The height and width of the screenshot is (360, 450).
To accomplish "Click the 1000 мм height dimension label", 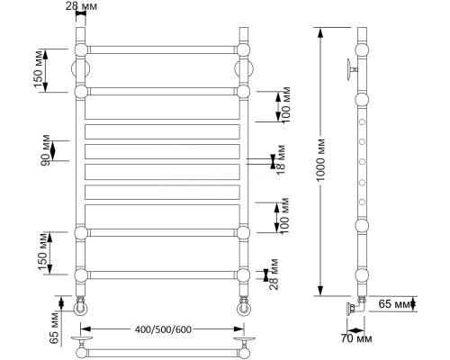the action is click(320, 160).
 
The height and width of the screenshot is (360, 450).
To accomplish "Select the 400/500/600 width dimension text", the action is click(163, 329).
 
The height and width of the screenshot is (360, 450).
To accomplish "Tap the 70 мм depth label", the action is click(356, 338).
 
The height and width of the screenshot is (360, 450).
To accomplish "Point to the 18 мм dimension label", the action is click(281, 160).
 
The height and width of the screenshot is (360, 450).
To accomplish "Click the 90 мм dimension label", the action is click(46, 150).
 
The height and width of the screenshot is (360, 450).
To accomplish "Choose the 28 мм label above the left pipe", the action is click(81, 6).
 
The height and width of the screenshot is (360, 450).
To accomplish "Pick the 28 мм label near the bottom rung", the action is click(274, 274).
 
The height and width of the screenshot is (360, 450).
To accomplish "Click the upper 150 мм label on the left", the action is click(39, 69).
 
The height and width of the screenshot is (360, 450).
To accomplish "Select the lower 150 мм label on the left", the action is click(42, 251).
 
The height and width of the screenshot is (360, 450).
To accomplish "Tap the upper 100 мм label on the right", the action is click(286, 104).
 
